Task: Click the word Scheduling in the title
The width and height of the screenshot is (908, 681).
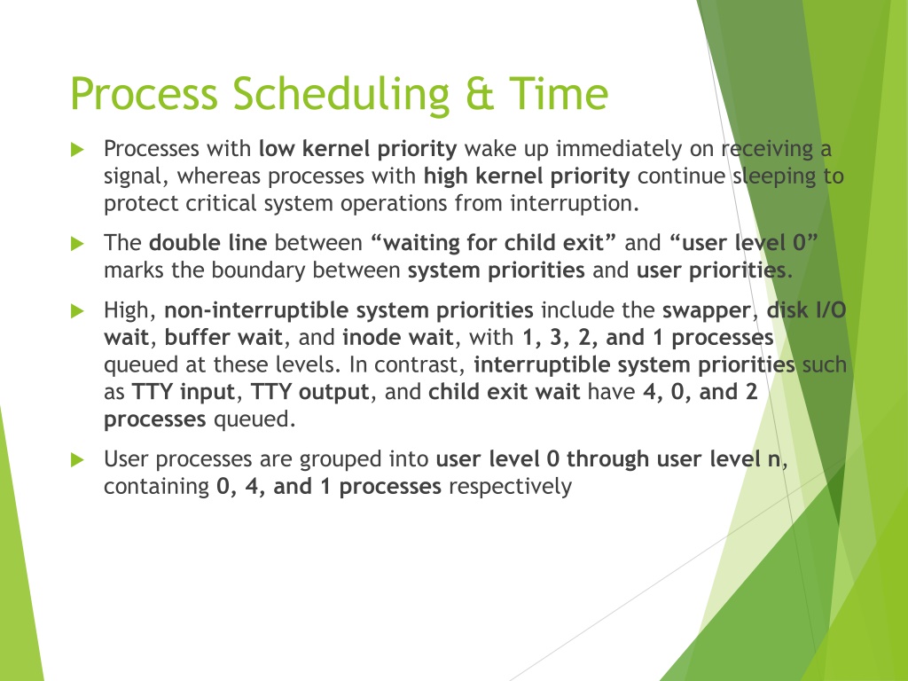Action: click(341, 94)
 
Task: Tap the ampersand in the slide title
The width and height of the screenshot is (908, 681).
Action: click(480, 94)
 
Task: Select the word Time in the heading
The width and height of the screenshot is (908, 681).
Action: click(559, 94)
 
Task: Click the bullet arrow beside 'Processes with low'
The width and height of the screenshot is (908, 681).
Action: click(77, 149)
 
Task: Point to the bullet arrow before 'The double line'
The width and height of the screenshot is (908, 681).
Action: click(77, 244)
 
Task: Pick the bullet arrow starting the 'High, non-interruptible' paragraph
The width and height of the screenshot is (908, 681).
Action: click(77, 311)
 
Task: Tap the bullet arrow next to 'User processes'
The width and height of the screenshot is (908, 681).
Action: click(77, 460)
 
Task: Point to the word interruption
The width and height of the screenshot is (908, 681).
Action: click(575, 204)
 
